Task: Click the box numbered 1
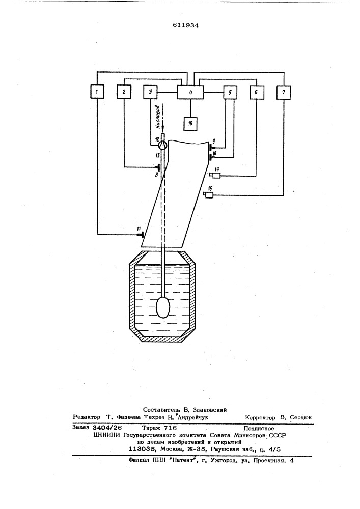[97, 92]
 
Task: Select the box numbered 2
[124, 92]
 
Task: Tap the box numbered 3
[150, 92]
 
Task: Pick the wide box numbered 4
[190, 92]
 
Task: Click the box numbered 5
[230, 92]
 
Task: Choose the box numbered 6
[257, 92]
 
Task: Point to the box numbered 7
[284, 92]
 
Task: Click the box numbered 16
[190, 123]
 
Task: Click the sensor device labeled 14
[215, 176]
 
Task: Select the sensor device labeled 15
[208, 194]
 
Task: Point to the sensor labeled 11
[140, 234]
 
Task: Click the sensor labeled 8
[158, 168]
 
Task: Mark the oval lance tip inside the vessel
[163, 308]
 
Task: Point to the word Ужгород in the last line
[224, 460]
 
